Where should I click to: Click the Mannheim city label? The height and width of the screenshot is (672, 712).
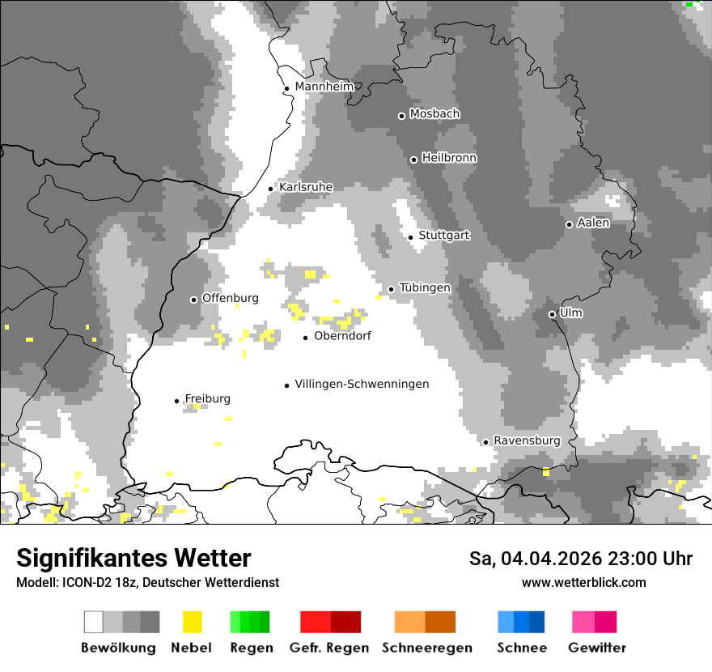(324, 87)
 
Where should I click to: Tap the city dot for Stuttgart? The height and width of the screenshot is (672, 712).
(411, 237)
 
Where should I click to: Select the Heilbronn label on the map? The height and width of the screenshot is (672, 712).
(449, 158)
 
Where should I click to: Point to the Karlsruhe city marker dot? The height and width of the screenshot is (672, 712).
(271, 189)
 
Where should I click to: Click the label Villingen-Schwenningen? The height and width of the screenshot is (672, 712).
(362, 384)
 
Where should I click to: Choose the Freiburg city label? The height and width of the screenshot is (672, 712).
(207, 398)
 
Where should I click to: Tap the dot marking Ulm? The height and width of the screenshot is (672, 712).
(552, 314)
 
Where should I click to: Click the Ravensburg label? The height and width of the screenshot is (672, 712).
(527, 440)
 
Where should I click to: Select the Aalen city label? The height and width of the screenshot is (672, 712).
(593, 223)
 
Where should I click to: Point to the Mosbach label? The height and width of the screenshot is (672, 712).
(434, 114)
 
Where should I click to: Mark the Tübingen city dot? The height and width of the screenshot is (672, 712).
(392, 289)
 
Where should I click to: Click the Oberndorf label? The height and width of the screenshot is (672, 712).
(342, 336)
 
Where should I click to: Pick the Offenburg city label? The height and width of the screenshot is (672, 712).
(230, 298)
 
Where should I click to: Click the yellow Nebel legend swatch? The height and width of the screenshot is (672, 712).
(192, 622)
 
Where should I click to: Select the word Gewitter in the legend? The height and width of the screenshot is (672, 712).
(596, 648)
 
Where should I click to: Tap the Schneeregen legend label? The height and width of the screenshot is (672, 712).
(426, 648)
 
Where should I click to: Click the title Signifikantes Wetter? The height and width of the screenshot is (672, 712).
(133, 558)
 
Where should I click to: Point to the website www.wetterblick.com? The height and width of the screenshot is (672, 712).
(583, 582)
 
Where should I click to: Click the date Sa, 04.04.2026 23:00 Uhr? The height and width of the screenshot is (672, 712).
(580, 559)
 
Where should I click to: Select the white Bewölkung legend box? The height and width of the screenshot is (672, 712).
(94, 622)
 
